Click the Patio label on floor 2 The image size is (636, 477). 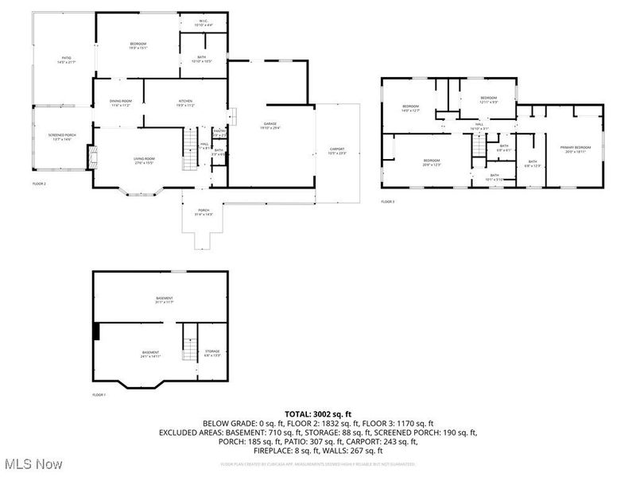(67, 59)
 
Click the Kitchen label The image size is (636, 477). (186, 103)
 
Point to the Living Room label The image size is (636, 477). (144, 161)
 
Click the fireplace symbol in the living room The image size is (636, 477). (93, 157)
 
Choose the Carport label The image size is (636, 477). (337, 151)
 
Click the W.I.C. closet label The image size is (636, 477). (204, 24)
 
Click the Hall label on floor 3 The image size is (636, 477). (479, 126)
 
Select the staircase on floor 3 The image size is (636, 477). (478, 146)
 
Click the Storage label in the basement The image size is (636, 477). (213, 352)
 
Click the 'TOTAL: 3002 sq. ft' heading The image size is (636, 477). (318, 414)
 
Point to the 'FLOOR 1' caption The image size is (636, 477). (99, 394)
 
